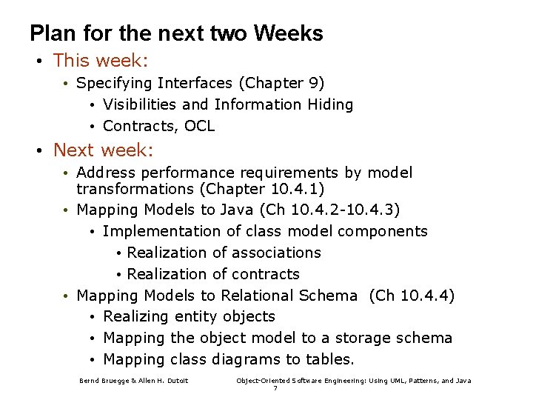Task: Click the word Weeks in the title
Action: point(288,34)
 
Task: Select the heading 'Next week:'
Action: point(103,150)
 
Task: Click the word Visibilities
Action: point(141,104)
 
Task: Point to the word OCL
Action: point(199,126)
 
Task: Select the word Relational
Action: point(258,296)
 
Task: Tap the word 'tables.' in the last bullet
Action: point(329,359)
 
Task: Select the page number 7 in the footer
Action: point(275,388)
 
